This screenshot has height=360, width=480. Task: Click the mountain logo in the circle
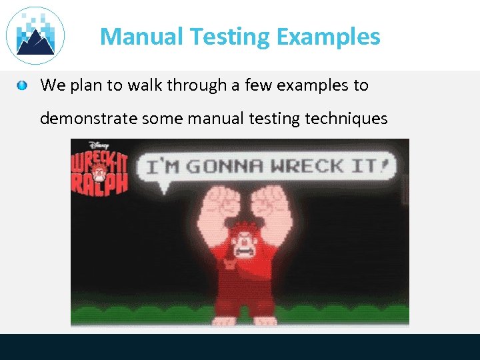point(35,36)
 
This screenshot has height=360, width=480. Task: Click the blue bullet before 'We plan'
point(23,85)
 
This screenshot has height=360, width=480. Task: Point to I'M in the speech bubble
point(163,166)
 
